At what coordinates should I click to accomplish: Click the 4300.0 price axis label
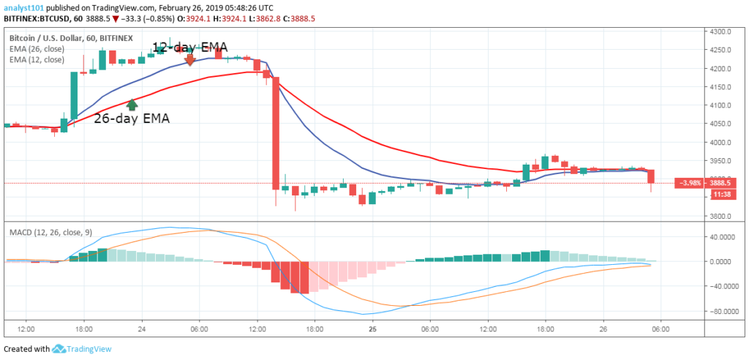coord(724,32)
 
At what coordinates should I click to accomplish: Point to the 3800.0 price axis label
coord(724,217)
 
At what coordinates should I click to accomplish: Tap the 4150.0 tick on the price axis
coord(724,106)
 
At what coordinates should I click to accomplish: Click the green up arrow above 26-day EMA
coord(132,105)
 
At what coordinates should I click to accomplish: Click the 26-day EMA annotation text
coord(132,119)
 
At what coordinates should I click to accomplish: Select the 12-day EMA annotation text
coord(189,47)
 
